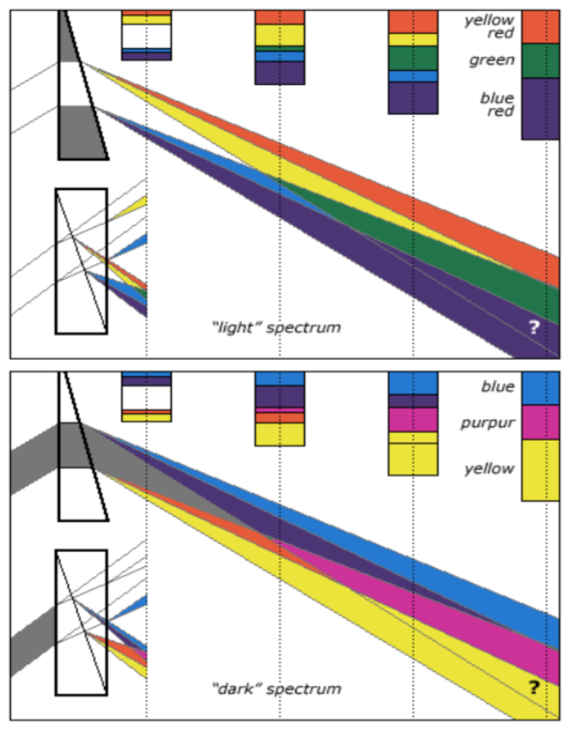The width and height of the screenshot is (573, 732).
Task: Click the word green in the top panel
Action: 491,61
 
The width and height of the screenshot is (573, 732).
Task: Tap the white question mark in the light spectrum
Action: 533,327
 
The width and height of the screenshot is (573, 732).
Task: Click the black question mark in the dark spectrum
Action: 533,688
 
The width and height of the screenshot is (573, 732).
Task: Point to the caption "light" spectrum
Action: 275,328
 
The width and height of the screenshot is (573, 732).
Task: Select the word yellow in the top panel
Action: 489,21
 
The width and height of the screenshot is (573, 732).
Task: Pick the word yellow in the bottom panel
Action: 489,469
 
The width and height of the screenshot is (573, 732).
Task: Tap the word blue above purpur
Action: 498,387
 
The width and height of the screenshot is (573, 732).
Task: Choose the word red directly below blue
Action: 501,112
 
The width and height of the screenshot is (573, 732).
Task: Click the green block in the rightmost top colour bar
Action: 540,61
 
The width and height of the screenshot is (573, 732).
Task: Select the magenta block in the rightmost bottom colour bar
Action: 540,422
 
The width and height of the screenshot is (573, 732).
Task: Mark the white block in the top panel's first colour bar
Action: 146,36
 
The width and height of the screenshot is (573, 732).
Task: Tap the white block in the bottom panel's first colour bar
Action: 146,397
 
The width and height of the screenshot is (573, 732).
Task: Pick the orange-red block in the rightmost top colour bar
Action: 540,27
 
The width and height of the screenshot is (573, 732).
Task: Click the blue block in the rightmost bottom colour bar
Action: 540,388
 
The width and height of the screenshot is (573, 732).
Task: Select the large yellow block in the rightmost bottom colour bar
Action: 540,470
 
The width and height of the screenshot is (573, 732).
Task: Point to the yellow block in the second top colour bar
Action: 280,35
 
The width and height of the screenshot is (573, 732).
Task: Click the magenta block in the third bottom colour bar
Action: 413,420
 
